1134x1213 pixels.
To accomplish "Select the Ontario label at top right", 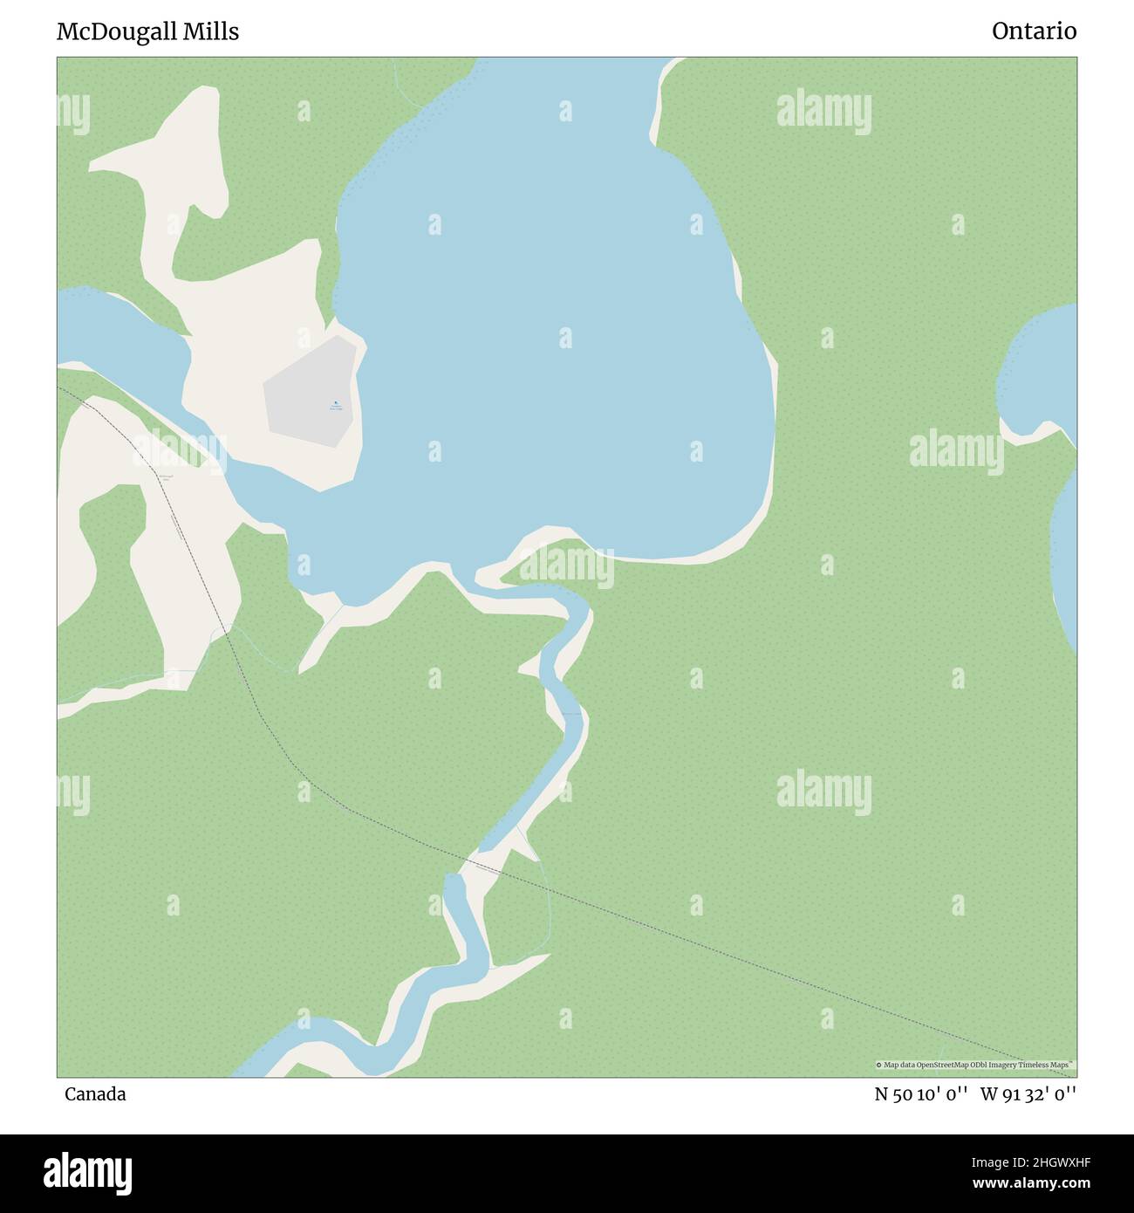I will click(1034, 31).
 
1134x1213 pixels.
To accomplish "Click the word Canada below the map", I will click(95, 1094).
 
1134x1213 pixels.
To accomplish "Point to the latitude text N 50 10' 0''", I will click(921, 1094).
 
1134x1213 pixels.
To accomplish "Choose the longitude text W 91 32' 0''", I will click(1028, 1094).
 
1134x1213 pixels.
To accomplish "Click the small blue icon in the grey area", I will click(336, 402).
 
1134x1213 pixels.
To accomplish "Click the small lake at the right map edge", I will click(1042, 371).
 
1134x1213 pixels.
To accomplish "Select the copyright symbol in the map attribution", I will click(879, 1065).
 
